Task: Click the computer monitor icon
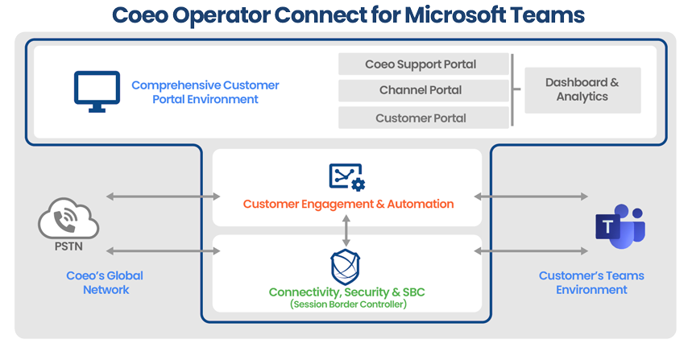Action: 97,91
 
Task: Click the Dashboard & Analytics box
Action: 582,90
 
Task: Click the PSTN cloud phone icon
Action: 68,218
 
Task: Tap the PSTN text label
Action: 68,246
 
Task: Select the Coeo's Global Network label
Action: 106,283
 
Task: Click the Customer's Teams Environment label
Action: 591,283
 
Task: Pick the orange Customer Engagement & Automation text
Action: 348,204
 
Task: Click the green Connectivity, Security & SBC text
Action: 347,292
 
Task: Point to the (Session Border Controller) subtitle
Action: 347,304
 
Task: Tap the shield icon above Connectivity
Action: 346,267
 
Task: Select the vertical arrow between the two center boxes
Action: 346,231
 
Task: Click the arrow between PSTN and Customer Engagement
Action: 164,197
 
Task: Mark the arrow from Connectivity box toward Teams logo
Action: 531,251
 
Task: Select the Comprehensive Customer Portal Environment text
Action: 205,92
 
